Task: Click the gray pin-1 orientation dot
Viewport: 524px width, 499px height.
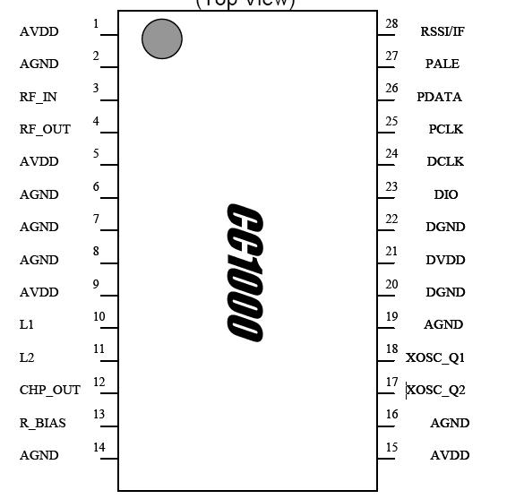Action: (x=162, y=39)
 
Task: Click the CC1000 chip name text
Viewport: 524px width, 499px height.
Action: (x=244, y=272)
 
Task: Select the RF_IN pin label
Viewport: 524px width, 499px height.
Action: (x=38, y=97)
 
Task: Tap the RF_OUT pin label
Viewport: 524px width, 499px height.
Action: (x=45, y=129)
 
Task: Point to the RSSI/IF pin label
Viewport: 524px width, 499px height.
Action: (x=442, y=31)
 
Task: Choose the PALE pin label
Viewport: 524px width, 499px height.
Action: (x=442, y=65)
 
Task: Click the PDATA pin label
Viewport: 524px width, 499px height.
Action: (x=440, y=97)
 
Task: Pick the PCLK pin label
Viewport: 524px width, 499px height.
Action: (x=445, y=129)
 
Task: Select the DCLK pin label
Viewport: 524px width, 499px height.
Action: (x=445, y=162)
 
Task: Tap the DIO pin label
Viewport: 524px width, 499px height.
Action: (x=446, y=194)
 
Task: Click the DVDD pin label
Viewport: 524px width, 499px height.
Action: (x=445, y=260)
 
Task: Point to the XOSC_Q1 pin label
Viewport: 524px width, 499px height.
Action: (x=435, y=357)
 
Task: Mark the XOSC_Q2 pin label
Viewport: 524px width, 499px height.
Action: (x=436, y=390)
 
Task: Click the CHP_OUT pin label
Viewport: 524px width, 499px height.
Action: (x=50, y=390)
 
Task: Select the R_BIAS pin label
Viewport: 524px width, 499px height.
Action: (x=43, y=423)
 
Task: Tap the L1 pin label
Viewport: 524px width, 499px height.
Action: (x=26, y=325)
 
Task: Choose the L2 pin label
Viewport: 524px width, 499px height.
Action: (x=27, y=357)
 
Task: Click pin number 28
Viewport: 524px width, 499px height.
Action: (x=391, y=23)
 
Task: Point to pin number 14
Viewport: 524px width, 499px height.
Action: (x=99, y=447)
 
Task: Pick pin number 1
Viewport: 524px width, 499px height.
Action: (x=96, y=23)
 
